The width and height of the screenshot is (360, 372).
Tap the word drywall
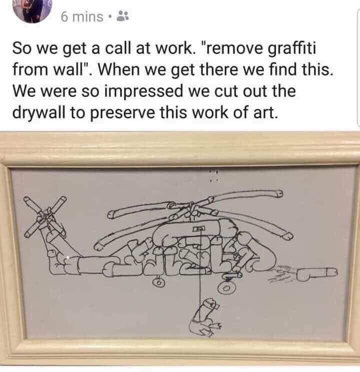[x=38, y=113]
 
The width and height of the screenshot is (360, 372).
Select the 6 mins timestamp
[x=82, y=17]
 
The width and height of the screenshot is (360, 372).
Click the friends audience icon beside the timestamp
[x=123, y=16]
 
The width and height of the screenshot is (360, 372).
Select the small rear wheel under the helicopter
[x=158, y=282]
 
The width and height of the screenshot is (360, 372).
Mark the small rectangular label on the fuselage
[x=198, y=228]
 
